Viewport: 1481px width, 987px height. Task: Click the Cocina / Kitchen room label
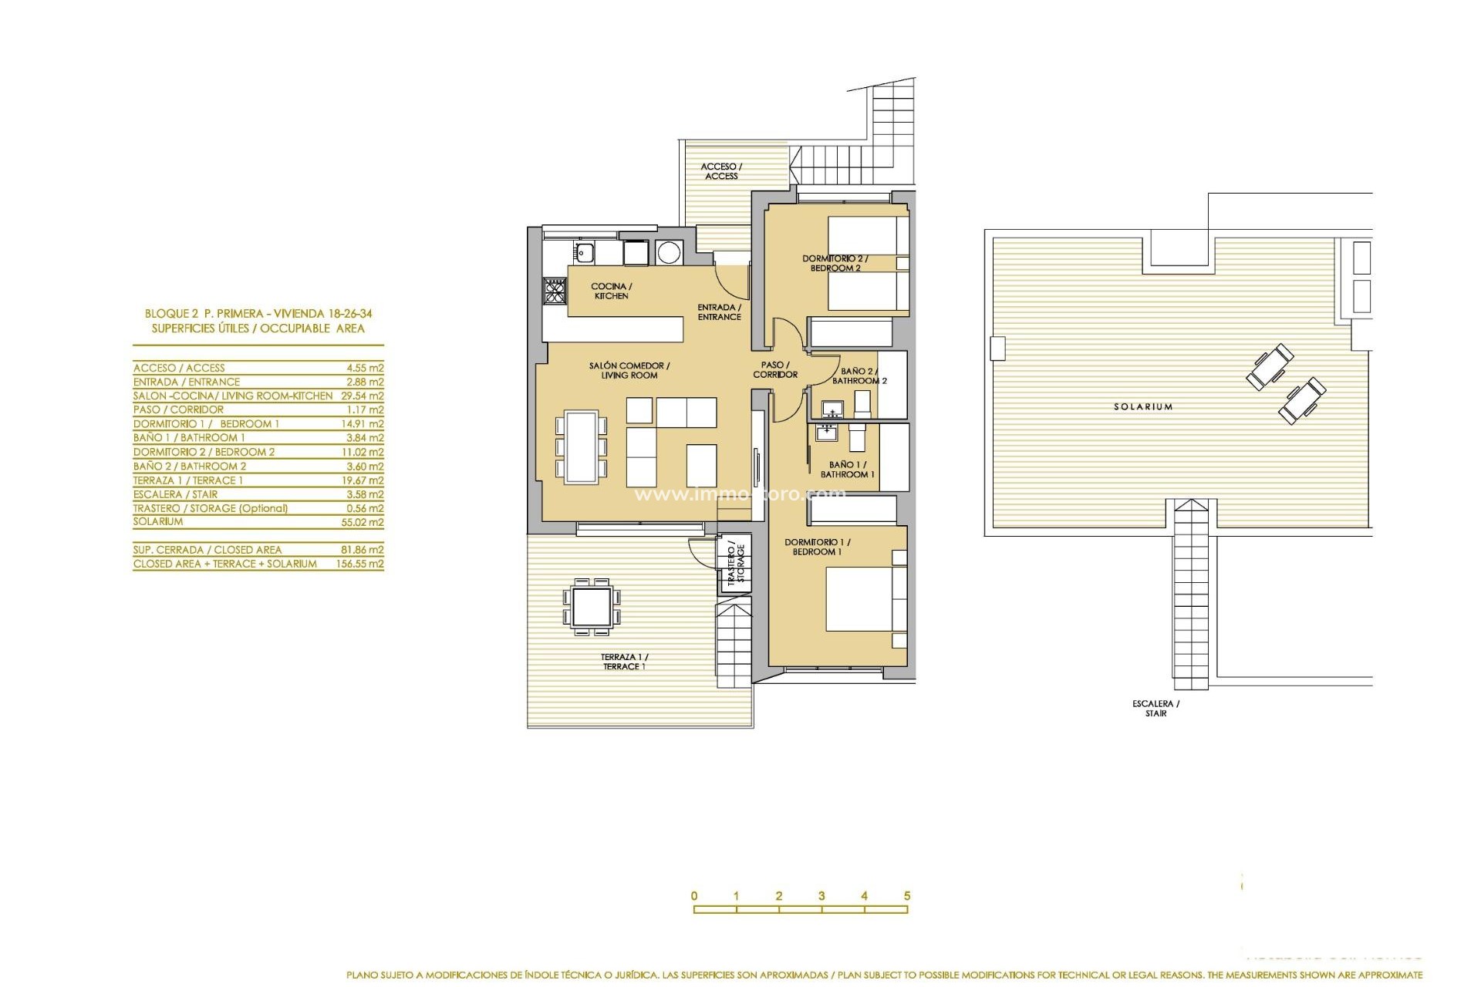click(611, 291)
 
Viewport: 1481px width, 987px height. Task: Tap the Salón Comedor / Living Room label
click(629, 370)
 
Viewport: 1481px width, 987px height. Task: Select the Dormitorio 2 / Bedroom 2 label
click(835, 263)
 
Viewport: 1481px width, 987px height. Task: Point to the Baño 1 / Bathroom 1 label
click(847, 470)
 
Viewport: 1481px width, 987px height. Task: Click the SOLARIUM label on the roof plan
click(1142, 406)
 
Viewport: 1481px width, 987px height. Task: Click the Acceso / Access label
click(721, 171)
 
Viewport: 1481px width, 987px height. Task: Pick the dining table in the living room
click(581, 446)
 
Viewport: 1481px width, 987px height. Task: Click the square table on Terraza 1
click(592, 606)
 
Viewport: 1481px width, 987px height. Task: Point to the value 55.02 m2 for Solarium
click(365, 522)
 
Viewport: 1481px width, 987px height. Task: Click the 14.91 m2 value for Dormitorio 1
click(365, 423)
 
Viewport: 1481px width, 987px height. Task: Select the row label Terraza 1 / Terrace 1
click(187, 480)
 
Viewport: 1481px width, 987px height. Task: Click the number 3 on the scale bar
click(821, 896)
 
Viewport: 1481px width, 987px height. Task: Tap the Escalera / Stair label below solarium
click(1155, 709)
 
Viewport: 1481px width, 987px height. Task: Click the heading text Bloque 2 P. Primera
click(258, 314)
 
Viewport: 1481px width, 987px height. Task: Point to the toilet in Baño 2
click(863, 403)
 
